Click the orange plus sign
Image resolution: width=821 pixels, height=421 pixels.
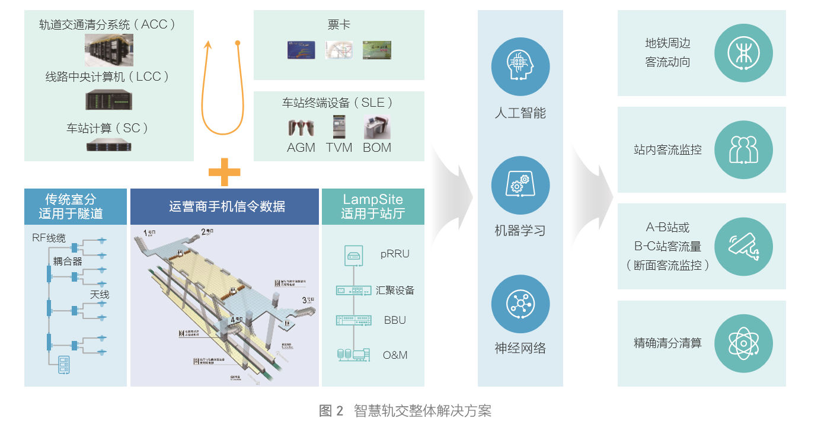pyautogui.click(x=224, y=173)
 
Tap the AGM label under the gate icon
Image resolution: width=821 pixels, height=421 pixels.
pyautogui.click(x=301, y=148)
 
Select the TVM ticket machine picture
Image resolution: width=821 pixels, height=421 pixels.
pyautogui.click(x=339, y=127)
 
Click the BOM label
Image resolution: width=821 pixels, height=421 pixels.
pyautogui.click(x=377, y=148)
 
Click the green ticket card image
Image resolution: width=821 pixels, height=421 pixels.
pyautogui.click(x=377, y=50)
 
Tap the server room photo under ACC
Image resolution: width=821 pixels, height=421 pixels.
pyautogui.click(x=108, y=50)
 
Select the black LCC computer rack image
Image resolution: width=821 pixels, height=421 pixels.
pyautogui.click(x=108, y=100)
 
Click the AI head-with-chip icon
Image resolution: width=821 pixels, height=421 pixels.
pyautogui.click(x=520, y=66)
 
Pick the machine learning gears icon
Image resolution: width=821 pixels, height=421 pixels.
pyautogui.click(x=520, y=186)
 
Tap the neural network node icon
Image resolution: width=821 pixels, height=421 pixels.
pyautogui.click(x=520, y=304)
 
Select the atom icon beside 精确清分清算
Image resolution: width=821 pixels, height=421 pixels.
pyautogui.click(x=743, y=343)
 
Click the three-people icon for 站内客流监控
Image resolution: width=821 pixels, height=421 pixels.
pyautogui.click(x=743, y=149)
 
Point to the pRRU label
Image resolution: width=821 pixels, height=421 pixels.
pyautogui.click(x=395, y=254)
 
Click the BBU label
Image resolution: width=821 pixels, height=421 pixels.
pyautogui.click(x=395, y=320)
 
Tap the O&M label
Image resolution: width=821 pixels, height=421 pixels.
pyautogui.click(x=395, y=355)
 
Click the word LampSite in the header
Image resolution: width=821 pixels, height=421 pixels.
pyautogui.click(x=373, y=199)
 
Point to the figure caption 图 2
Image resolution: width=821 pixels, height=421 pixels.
pyautogui.click(x=331, y=410)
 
